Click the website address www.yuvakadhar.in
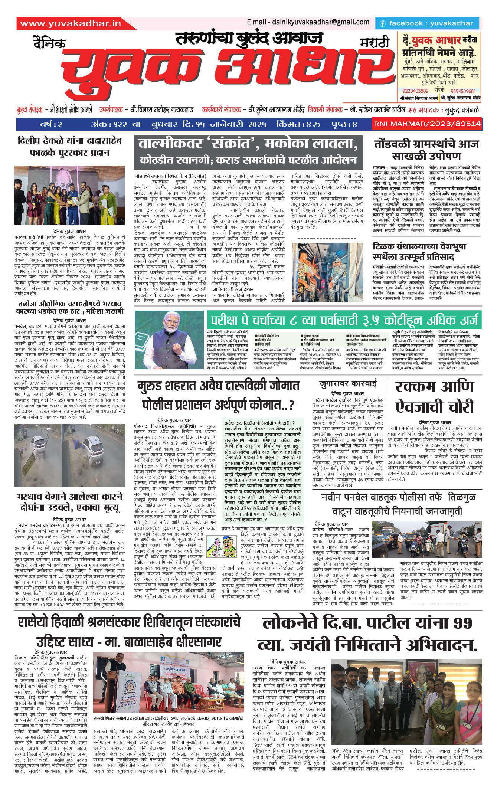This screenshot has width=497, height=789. click(x=71, y=23)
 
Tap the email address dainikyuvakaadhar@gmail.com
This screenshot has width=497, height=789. click(x=308, y=22)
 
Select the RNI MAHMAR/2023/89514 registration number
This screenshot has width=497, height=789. click(x=427, y=124)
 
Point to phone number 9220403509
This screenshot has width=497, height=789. click(x=415, y=91)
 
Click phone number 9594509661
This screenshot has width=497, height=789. click(x=463, y=91)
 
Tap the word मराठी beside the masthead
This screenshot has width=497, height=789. click(x=375, y=42)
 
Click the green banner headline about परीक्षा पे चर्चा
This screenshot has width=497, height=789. click(x=344, y=320)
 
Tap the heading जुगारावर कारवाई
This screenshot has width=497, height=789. click(x=348, y=383)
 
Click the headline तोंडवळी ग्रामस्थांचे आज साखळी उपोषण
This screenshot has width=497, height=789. click(x=426, y=150)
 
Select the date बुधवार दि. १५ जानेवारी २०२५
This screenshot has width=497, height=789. click(x=209, y=124)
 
